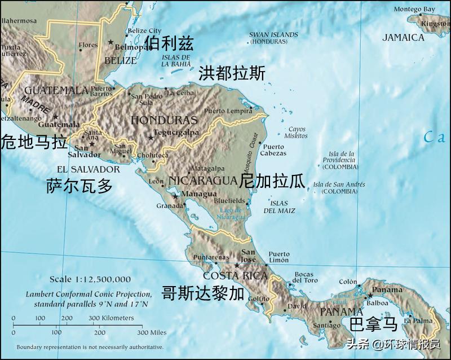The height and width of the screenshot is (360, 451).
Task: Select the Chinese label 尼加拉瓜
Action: click(272, 181)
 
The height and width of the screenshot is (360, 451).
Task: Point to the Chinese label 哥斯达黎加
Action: click(203, 293)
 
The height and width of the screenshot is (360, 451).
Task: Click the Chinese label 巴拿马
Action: click(373, 324)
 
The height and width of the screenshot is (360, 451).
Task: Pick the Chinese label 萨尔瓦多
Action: click(79, 186)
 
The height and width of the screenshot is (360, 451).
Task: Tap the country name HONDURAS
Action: click(164, 120)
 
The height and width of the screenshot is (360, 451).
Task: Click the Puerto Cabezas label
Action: click(274, 150)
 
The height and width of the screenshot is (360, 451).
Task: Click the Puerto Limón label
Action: click(279, 258)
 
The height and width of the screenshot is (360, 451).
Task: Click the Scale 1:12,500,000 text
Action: click(90, 279)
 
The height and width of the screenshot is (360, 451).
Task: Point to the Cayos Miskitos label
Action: click(296, 133)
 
